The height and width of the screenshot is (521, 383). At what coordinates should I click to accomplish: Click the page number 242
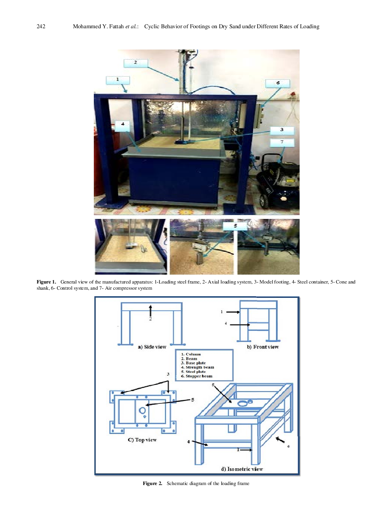click(x=41, y=26)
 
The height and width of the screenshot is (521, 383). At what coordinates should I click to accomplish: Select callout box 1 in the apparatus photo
click(x=118, y=80)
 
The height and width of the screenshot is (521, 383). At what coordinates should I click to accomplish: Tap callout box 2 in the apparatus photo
click(x=136, y=63)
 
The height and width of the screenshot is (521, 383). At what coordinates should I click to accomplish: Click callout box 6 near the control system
click(x=278, y=83)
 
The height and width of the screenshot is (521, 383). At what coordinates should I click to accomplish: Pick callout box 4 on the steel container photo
click(x=122, y=125)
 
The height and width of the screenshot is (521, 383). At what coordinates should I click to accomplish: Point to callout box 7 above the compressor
click(x=282, y=142)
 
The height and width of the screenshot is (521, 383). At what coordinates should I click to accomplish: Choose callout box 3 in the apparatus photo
click(x=282, y=130)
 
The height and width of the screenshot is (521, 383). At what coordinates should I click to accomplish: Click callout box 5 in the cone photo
click(x=235, y=226)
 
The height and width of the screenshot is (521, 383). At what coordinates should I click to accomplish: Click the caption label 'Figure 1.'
click(x=46, y=282)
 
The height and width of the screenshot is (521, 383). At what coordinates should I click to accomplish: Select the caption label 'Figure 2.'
click(x=152, y=483)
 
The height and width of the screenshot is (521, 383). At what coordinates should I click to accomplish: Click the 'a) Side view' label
click(x=152, y=347)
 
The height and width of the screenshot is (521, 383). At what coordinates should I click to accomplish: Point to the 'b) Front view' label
click(x=263, y=347)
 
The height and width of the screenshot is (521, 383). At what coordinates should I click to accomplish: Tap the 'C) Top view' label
click(x=142, y=440)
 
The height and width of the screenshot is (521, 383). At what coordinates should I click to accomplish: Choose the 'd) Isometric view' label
click(x=242, y=469)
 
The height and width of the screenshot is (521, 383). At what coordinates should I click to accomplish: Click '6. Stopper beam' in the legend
click(x=197, y=376)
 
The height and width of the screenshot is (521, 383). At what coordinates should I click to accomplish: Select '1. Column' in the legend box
click(x=191, y=354)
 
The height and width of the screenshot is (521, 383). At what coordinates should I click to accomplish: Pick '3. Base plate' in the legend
click(x=193, y=363)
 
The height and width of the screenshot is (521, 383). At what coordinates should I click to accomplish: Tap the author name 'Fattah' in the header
click(x=116, y=26)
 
